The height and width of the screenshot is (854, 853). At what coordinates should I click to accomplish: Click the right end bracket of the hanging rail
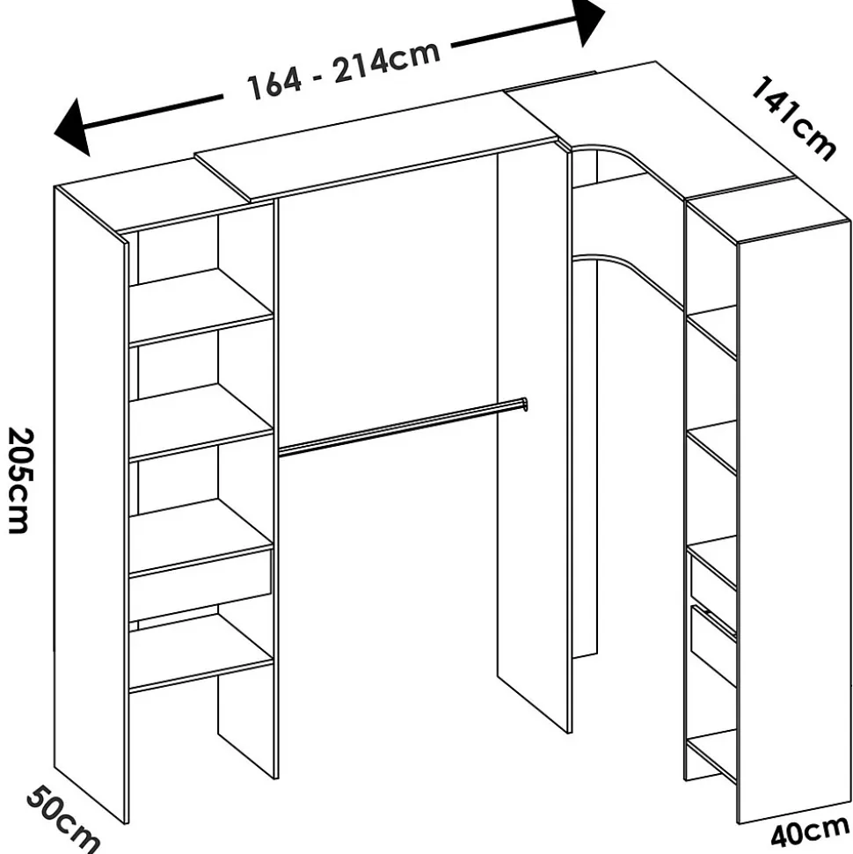[523, 405]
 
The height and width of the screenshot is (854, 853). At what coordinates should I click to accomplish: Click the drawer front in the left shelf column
[200, 583]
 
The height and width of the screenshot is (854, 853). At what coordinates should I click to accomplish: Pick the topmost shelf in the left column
[200, 305]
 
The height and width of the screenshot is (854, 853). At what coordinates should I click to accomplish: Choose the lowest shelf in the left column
[200, 652]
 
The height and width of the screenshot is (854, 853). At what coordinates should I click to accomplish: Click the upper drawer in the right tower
[713, 578]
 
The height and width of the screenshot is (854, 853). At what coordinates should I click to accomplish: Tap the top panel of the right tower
[768, 209]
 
